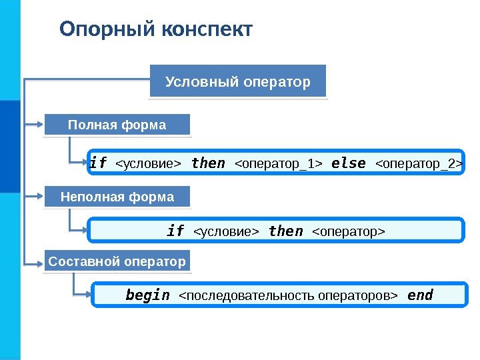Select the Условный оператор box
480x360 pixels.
[x=238, y=82]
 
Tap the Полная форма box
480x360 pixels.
[x=117, y=125]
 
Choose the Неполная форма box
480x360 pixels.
[x=117, y=197]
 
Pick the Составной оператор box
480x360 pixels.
[x=117, y=262]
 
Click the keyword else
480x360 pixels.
[x=348, y=163]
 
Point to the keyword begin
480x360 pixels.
[x=147, y=295]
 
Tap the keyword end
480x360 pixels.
[x=420, y=295]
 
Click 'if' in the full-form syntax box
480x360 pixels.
[x=99, y=163]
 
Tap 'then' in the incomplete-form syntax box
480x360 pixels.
[x=285, y=231]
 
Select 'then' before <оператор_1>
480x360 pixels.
[x=208, y=163]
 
